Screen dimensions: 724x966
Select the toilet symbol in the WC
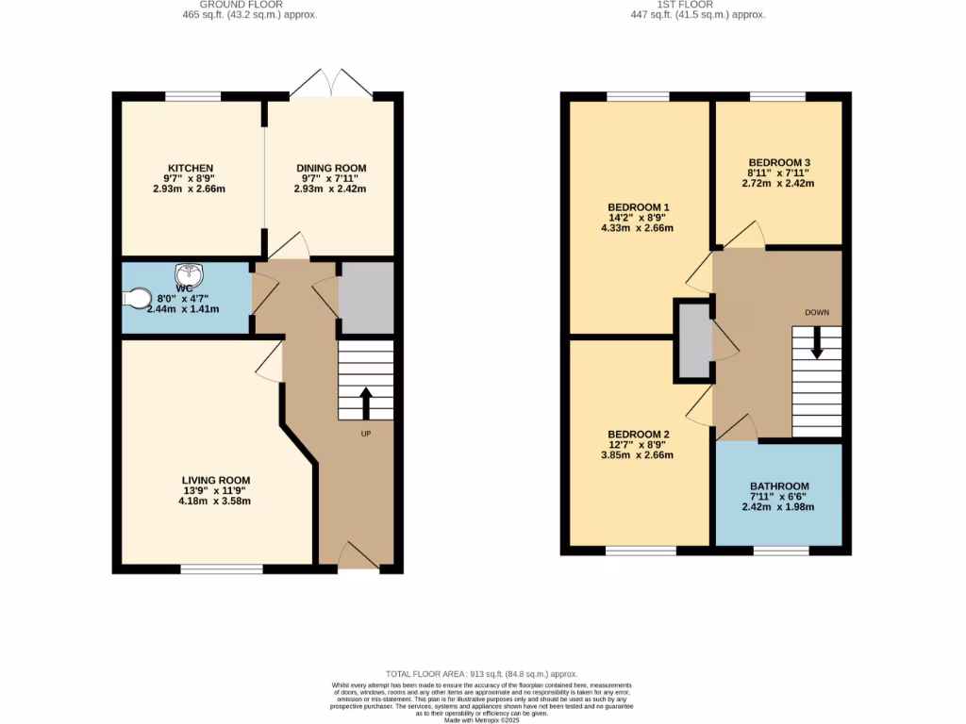(x=137, y=299)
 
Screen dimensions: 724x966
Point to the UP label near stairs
(x=365, y=434)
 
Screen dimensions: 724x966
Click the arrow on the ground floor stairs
(x=365, y=403)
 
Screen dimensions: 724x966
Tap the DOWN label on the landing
(x=817, y=312)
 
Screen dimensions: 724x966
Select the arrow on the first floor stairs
(x=817, y=341)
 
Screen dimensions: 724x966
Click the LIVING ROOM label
(x=216, y=480)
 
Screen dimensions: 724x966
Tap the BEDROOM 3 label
(x=778, y=162)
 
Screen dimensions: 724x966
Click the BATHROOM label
(x=778, y=485)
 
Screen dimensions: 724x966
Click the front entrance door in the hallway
(x=358, y=556)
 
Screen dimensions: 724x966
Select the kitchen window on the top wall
(x=193, y=96)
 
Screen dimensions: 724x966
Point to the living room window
(x=222, y=568)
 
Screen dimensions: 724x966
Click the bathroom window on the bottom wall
(x=780, y=551)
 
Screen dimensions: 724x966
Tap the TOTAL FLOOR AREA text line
(x=483, y=674)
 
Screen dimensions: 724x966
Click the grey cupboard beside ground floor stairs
(x=366, y=297)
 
